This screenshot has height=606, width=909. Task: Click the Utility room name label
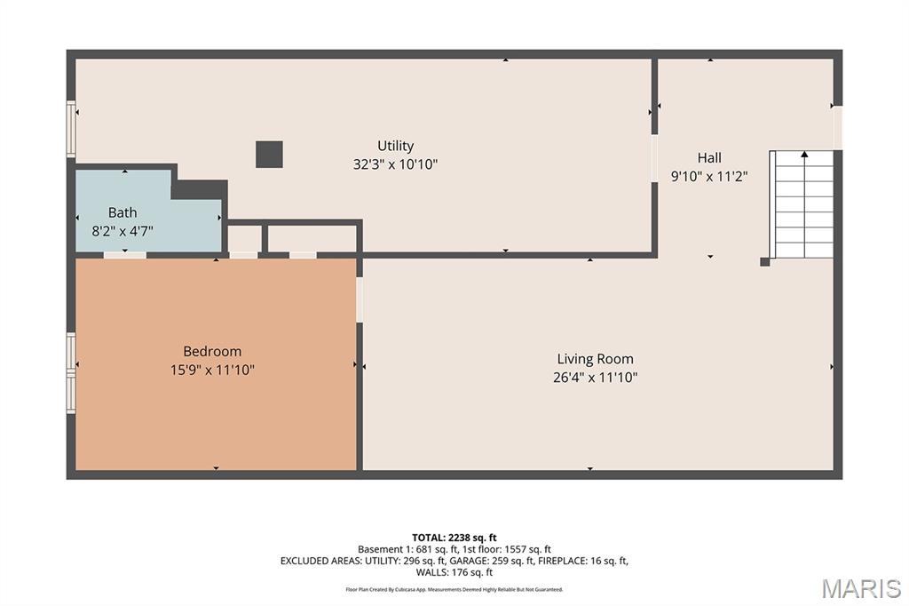coord(395,146)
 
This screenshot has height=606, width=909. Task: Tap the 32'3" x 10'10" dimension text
coord(395,164)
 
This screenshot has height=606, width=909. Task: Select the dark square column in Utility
coord(270,155)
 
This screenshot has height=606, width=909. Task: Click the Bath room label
coord(123,212)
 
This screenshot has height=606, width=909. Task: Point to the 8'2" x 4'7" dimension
coord(123,231)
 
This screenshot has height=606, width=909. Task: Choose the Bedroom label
coord(212,351)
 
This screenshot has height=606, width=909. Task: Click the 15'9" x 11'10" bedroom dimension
coord(212,370)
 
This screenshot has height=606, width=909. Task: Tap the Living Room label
coord(596,359)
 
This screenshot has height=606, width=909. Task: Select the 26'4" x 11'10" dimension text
coord(596,378)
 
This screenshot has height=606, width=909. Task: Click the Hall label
coord(709,158)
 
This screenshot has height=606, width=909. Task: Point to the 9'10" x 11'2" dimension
coord(709,177)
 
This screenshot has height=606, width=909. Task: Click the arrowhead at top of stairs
coord(804,155)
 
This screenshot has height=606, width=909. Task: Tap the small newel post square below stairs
coord(764,262)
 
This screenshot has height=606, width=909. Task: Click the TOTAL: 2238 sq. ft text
coord(454,538)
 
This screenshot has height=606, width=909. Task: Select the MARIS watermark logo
coord(861,588)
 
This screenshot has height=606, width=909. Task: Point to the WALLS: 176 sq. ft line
coord(454,572)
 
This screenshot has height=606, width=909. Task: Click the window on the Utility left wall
coord(71,129)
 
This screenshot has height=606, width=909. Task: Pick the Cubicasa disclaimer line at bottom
coord(454,590)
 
